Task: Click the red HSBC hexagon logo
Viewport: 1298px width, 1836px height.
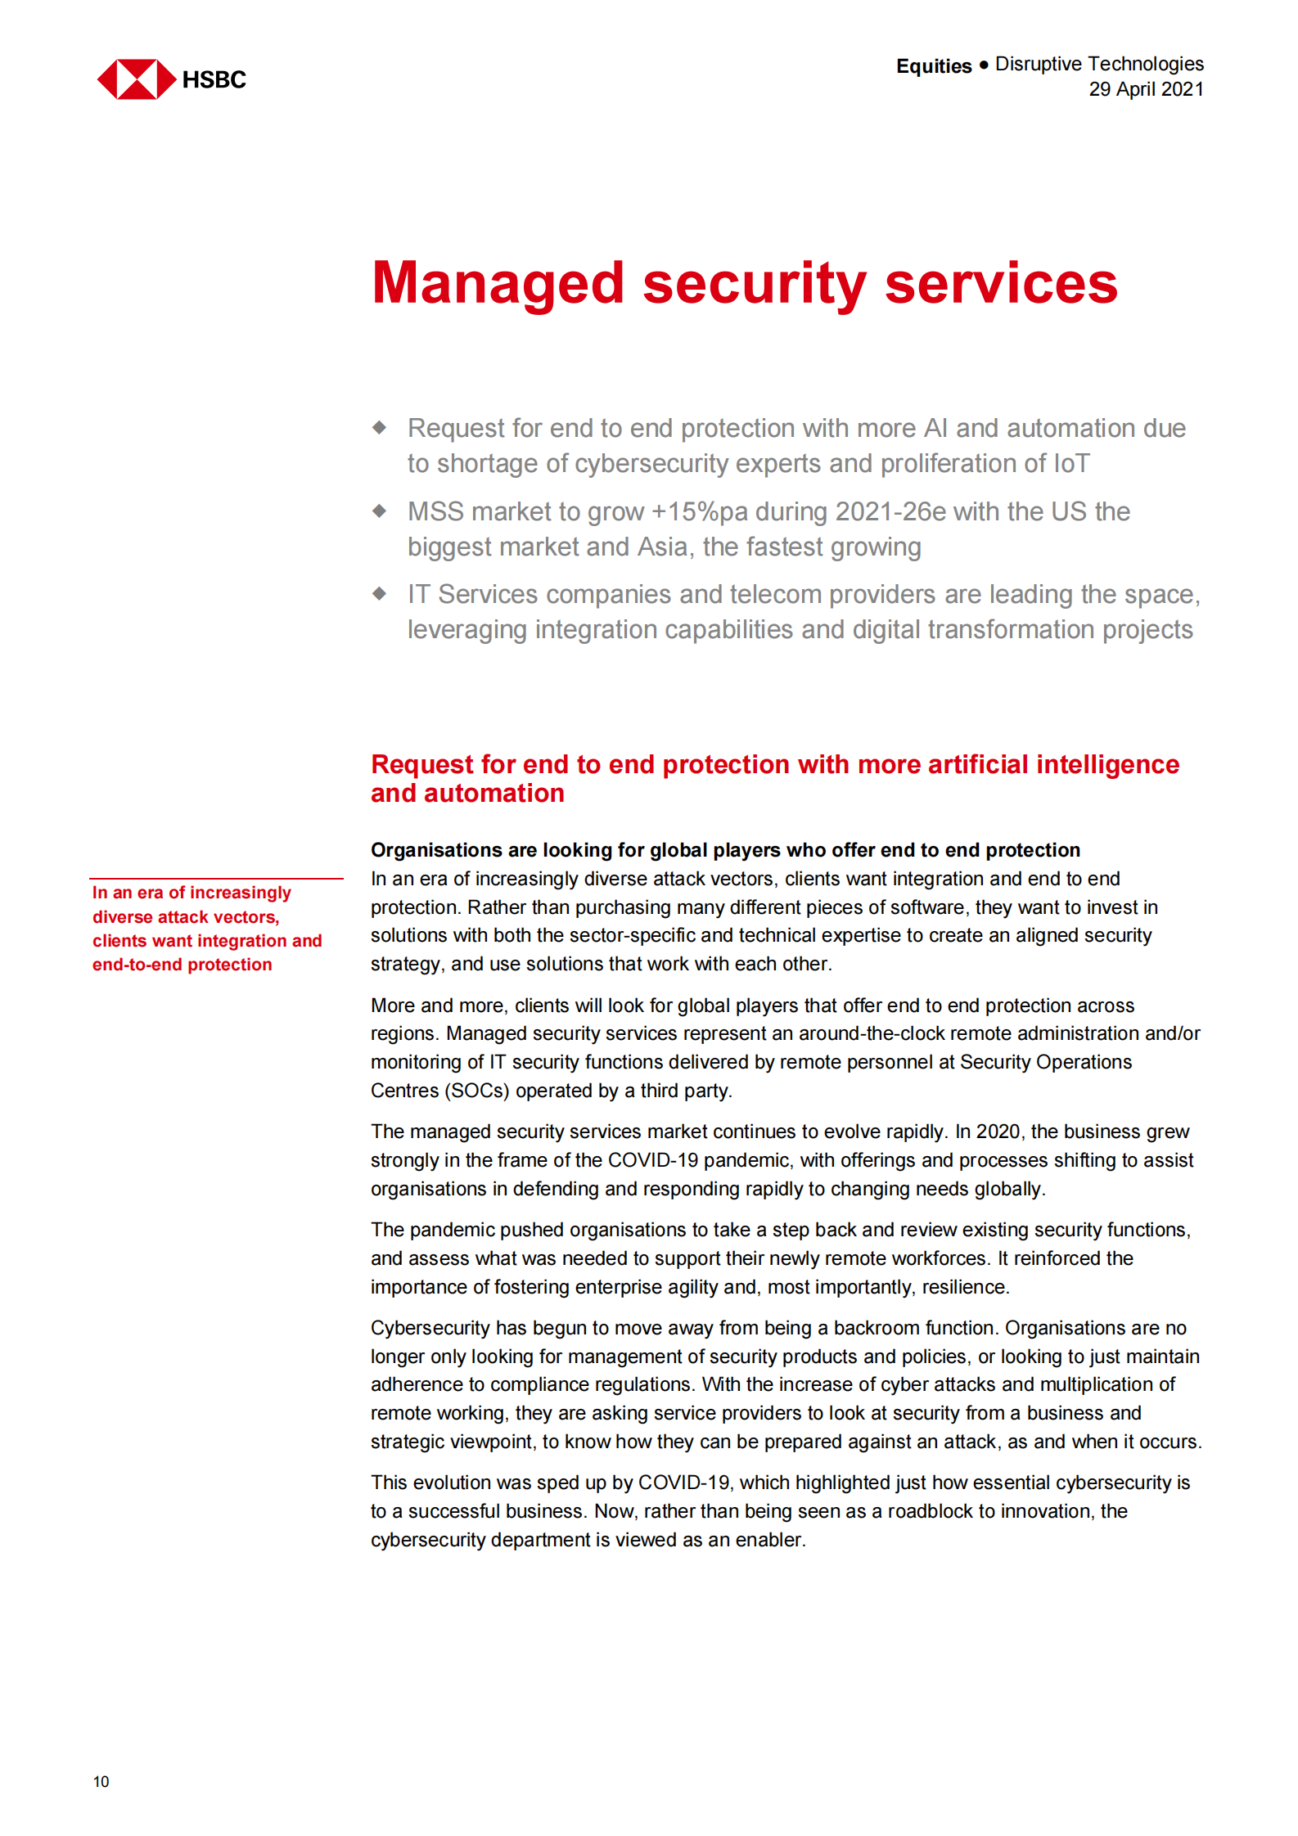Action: coord(136,79)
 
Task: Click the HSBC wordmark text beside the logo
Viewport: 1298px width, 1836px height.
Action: coord(214,79)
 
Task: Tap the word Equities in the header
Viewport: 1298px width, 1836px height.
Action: coord(934,66)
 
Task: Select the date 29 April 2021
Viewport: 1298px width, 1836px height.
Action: coord(1146,89)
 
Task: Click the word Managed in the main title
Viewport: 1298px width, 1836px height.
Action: coord(498,284)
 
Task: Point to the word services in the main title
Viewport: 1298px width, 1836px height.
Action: coord(1001,284)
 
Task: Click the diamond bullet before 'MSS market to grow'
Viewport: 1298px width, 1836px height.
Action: coord(379,511)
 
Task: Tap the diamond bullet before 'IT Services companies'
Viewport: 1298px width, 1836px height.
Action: coord(379,594)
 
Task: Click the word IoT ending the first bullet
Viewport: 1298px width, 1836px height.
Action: coord(1071,464)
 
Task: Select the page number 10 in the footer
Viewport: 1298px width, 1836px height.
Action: coord(101,1782)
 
